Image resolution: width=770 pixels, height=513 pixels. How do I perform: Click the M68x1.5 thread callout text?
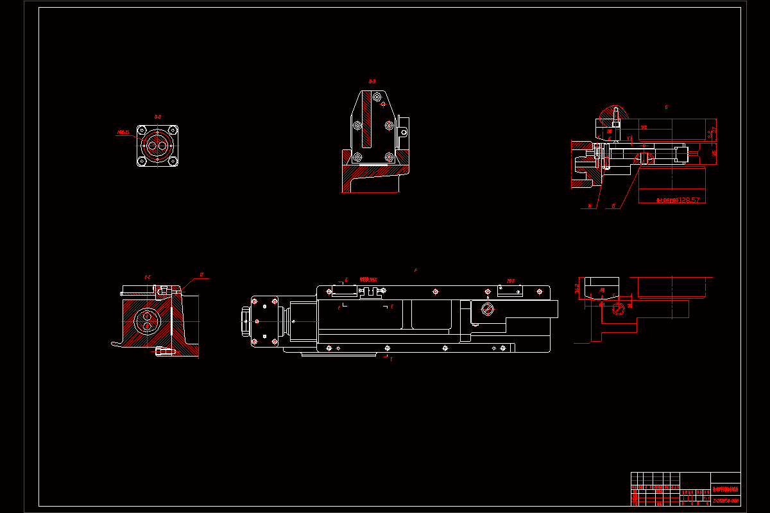pyautogui.click(x=123, y=133)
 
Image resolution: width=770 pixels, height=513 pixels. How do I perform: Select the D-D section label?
pyautogui.click(x=157, y=117)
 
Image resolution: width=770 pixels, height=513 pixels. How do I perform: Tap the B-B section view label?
pyautogui.click(x=372, y=81)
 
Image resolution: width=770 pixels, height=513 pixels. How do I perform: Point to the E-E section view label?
pyautogui.click(x=148, y=278)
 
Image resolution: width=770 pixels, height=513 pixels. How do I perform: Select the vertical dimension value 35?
pyautogui.click(x=714, y=153)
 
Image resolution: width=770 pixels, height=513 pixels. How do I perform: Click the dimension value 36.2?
pyautogui.click(x=577, y=289)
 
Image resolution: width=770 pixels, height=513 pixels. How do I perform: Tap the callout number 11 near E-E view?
pyautogui.click(x=201, y=275)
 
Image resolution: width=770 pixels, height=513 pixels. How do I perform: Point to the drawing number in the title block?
pyautogui.click(x=726, y=500)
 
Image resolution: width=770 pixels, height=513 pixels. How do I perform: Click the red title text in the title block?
pyautogui.click(x=726, y=489)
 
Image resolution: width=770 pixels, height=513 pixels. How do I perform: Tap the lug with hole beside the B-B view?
pyautogui.click(x=404, y=132)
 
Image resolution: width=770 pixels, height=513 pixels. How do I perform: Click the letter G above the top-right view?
pyautogui.click(x=667, y=107)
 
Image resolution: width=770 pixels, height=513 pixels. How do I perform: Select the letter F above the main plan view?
pyautogui.click(x=415, y=271)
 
